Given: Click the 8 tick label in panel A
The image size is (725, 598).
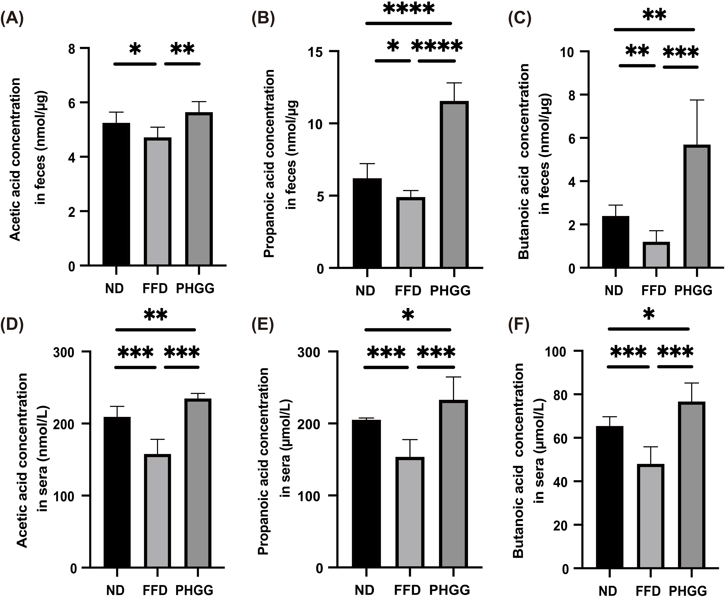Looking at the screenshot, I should [72, 49].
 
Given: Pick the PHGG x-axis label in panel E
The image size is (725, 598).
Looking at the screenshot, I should [449, 590].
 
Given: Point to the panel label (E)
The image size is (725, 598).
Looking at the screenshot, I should [263, 324].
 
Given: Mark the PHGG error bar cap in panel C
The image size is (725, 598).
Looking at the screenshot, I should [697, 100].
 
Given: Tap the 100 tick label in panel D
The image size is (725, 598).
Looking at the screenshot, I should [64, 496].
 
